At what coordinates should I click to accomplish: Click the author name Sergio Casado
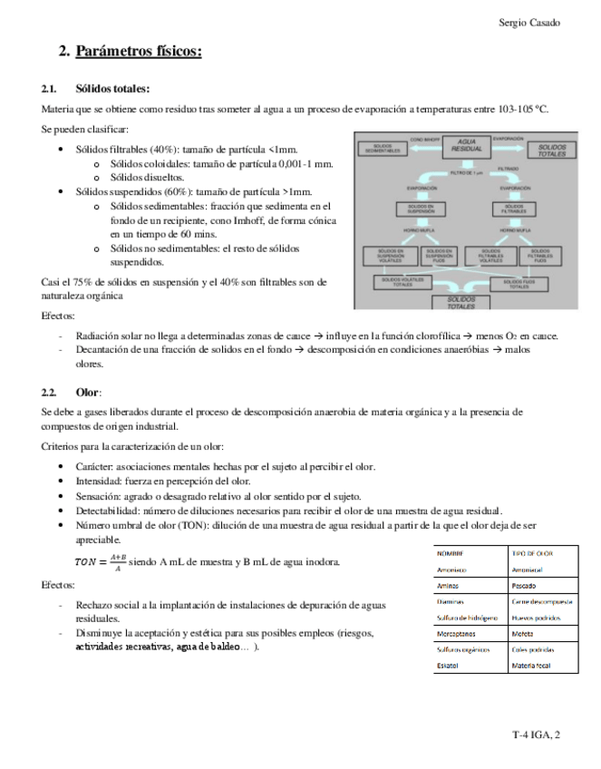pyautogui.click(x=529, y=21)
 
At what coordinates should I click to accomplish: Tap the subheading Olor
pyautogui.click(x=88, y=392)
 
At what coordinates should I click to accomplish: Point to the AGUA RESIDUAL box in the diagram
pyautogui.click(x=468, y=147)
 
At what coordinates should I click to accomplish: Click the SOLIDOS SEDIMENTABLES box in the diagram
pyautogui.click(x=381, y=147)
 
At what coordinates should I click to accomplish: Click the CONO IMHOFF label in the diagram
pyautogui.click(x=424, y=140)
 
